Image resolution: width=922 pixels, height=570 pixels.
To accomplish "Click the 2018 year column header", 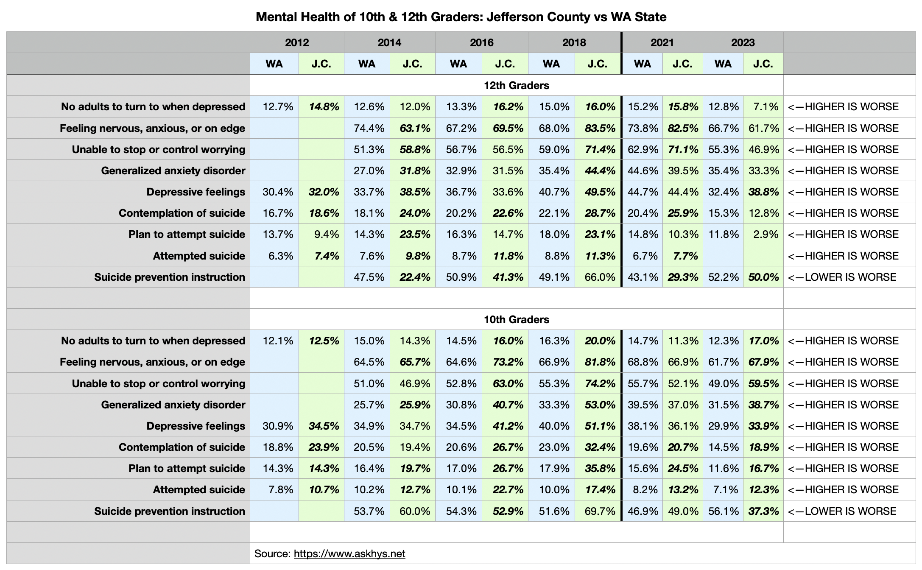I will click(x=574, y=42).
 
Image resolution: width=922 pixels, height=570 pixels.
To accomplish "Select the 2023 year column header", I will click(x=743, y=42).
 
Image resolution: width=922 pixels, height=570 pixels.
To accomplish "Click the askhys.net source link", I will click(x=349, y=553).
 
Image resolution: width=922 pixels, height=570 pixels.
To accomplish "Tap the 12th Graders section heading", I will click(x=516, y=85).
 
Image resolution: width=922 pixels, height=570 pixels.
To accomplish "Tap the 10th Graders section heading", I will click(x=516, y=319).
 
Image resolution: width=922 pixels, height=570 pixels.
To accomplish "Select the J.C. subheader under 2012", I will click(x=321, y=64).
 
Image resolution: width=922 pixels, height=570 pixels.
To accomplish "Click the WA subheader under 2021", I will click(x=642, y=64).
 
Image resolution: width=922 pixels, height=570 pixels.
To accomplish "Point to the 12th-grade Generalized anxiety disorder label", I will click(x=173, y=170).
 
